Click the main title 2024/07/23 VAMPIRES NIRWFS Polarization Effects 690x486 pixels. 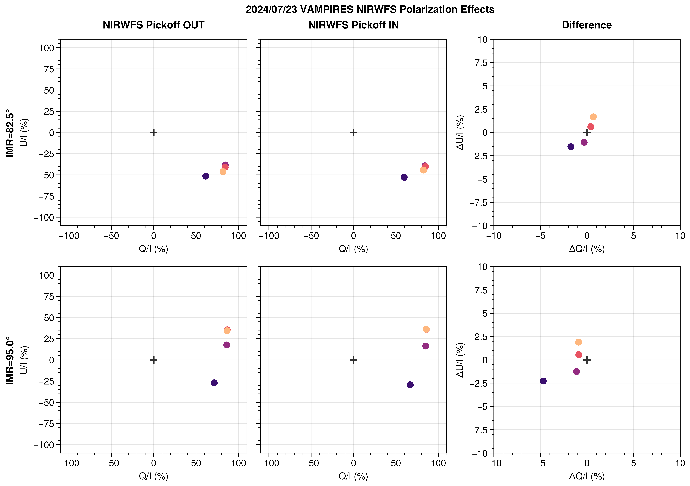[370, 9]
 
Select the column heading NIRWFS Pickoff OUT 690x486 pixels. [154, 25]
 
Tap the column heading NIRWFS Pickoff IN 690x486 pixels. [353, 25]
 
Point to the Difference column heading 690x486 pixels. [587, 25]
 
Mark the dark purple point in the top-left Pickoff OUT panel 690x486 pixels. [206, 176]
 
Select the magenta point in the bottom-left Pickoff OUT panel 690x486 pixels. [227, 345]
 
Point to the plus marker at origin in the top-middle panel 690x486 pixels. [353, 133]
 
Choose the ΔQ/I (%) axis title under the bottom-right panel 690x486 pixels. [587, 476]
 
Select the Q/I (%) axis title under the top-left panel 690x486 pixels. [154, 249]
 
